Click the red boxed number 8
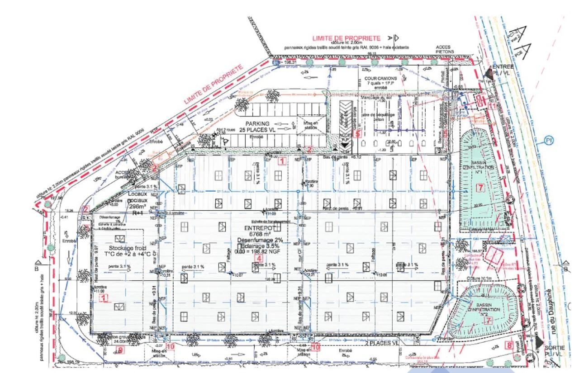coord(510,346)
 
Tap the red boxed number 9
coord(120,349)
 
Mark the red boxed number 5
coord(357,133)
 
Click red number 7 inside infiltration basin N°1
coord(480,187)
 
